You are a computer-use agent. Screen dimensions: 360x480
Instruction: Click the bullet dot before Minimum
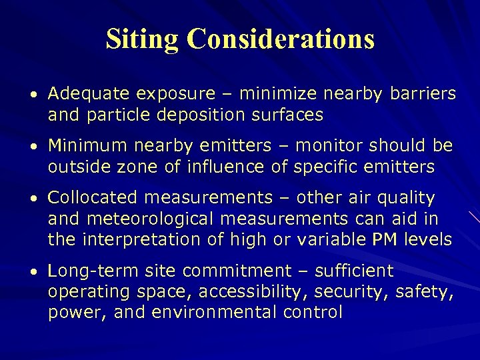40,146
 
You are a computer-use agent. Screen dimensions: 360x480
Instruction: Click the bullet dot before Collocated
40,199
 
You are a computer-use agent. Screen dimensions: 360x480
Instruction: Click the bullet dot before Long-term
40,272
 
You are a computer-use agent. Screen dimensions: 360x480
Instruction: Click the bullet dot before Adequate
40,94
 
